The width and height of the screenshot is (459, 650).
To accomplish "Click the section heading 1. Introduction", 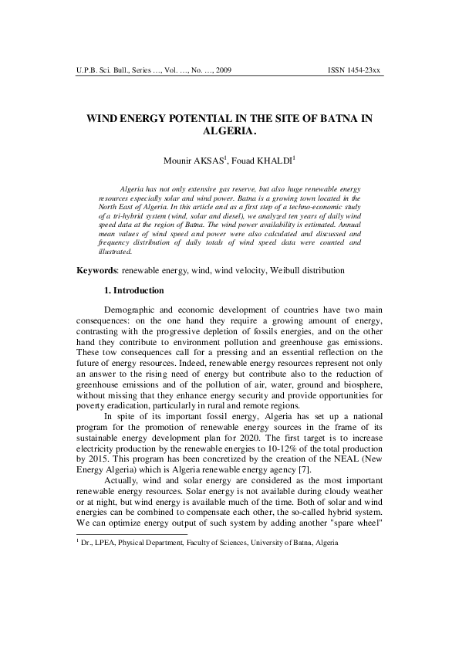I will (x=133, y=291).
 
